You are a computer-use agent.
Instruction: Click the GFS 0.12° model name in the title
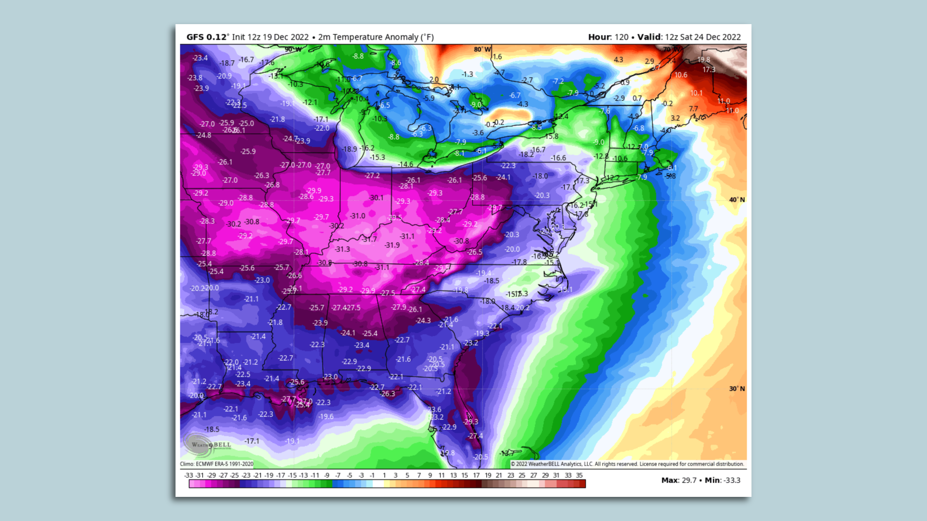click(207, 37)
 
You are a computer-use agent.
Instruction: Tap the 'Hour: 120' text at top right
click(608, 37)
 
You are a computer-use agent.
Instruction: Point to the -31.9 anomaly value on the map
click(392, 245)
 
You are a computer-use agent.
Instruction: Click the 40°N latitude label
click(737, 200)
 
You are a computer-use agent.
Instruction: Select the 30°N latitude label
click(737, 389)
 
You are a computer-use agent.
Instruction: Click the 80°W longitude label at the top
click(482, 49)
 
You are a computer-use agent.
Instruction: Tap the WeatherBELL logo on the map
click(208, 445)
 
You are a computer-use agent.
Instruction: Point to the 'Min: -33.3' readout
click(722, 480)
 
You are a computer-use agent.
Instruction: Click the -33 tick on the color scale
click(189, 475)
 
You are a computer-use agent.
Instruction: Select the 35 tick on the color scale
click(579, 475)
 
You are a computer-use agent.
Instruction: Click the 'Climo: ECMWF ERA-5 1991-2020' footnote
click(217, 464)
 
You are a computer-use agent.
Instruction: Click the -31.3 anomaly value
click(342, 249)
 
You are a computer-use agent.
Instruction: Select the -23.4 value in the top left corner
click(200, 58)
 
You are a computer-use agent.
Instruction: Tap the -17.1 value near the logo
click(252, 441)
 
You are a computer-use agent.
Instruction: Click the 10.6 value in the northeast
click(681, 75)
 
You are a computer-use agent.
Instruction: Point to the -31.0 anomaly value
click(358, 216)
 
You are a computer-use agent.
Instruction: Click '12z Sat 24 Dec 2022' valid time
click(702, 37)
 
